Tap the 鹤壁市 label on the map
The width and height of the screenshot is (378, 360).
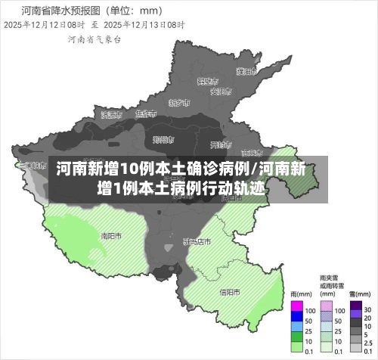click(207, 80)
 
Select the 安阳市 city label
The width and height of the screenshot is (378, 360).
click(219, 92)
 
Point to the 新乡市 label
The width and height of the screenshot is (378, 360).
click(179, 103)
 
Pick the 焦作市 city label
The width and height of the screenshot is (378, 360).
click(145, 113)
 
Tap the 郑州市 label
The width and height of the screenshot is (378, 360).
click(162, 139)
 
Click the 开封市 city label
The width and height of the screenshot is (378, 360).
click(218, 144)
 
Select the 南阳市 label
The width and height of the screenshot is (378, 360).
click(111, 235)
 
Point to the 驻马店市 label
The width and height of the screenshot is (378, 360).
click(197, 241)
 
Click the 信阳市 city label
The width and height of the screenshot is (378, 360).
click(230, 292)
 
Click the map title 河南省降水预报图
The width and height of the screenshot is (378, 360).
click(72, 11)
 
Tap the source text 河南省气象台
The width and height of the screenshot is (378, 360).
click(94, 39)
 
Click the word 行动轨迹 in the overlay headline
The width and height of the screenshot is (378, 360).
click(234, 187)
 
